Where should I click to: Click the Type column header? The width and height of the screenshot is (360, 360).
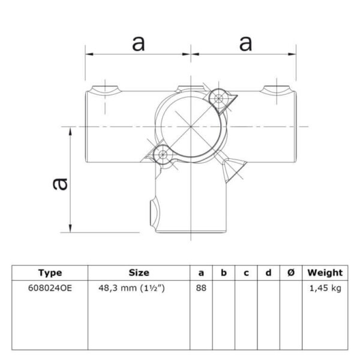(x=50, y=273)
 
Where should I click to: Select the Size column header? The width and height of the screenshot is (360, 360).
(x=139, y=273)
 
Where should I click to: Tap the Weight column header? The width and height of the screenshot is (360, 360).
(x=325, y=273)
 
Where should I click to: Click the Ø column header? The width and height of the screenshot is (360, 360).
(x=290, y=273)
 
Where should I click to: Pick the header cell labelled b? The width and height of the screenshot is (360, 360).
(x=224, y=273)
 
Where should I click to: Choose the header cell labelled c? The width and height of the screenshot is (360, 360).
(x=246, y=273)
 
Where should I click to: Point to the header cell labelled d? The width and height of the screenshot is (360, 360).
(x=268, y=273)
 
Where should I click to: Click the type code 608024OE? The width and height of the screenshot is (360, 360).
(x=50, y=288)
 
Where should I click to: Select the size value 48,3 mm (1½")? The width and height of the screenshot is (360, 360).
(x=131, y=288)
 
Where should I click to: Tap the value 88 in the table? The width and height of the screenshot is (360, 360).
(x=201, y=288)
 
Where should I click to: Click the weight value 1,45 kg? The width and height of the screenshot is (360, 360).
(x=325, y=288)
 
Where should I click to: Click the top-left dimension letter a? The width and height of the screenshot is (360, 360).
(x=139, y=44)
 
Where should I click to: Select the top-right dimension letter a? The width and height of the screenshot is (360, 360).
(x=245, y=44)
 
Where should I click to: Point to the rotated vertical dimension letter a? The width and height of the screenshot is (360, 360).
(x=60, y=184)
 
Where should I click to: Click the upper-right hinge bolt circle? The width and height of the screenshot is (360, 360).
(x=218, y=99)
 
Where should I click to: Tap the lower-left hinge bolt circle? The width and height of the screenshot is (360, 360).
(x=163, y=154)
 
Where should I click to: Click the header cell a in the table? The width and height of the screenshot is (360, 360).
(x=201, y=273)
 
